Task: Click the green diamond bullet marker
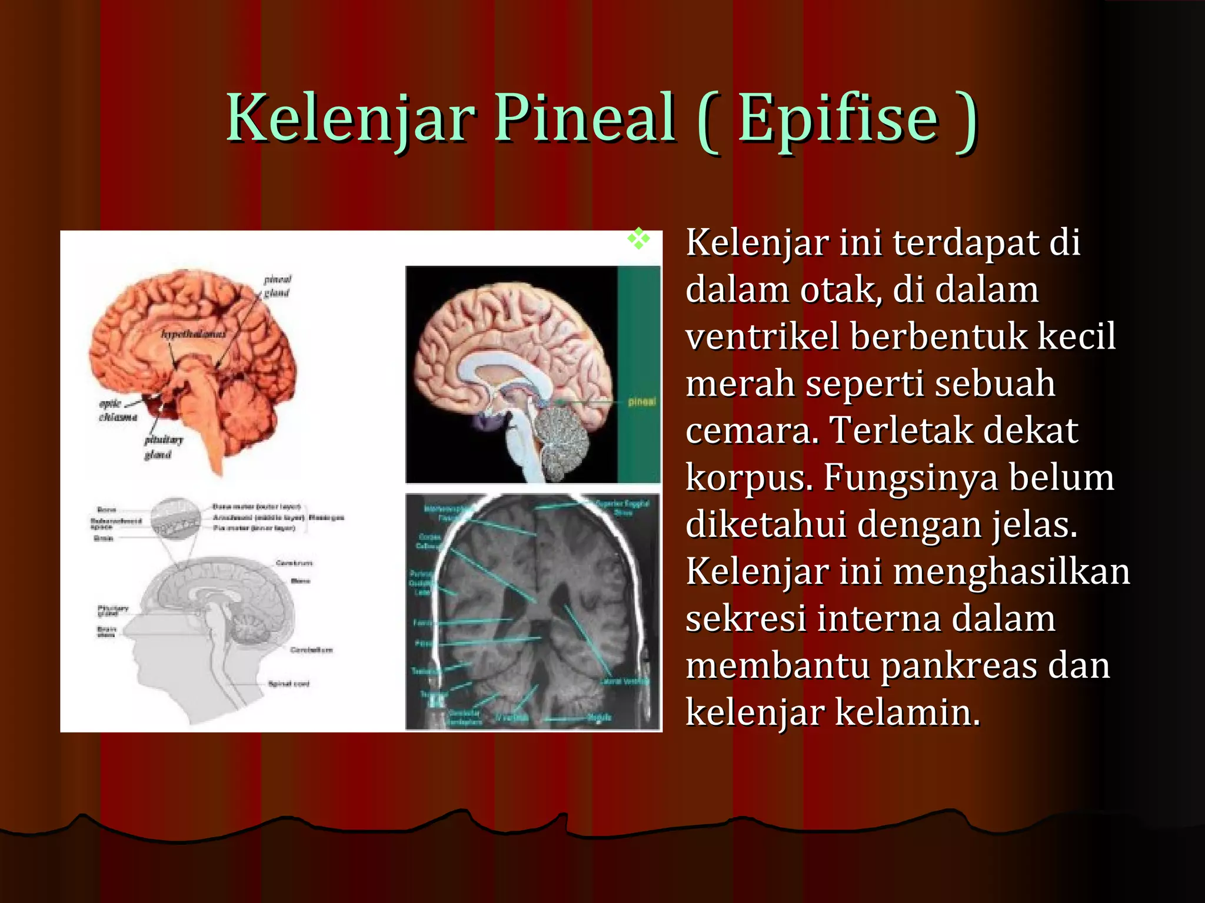pos(638,239)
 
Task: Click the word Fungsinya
pos(910,477)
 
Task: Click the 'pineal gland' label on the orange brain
pos(277,286)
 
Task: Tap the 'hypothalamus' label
pos(194,334)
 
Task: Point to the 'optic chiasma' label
pos(118,410)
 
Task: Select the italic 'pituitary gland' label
pos(163,447)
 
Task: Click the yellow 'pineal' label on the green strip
pos(641,402)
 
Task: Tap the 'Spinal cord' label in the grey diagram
pos(288,684)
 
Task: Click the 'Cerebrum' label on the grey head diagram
pos(294,563)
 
